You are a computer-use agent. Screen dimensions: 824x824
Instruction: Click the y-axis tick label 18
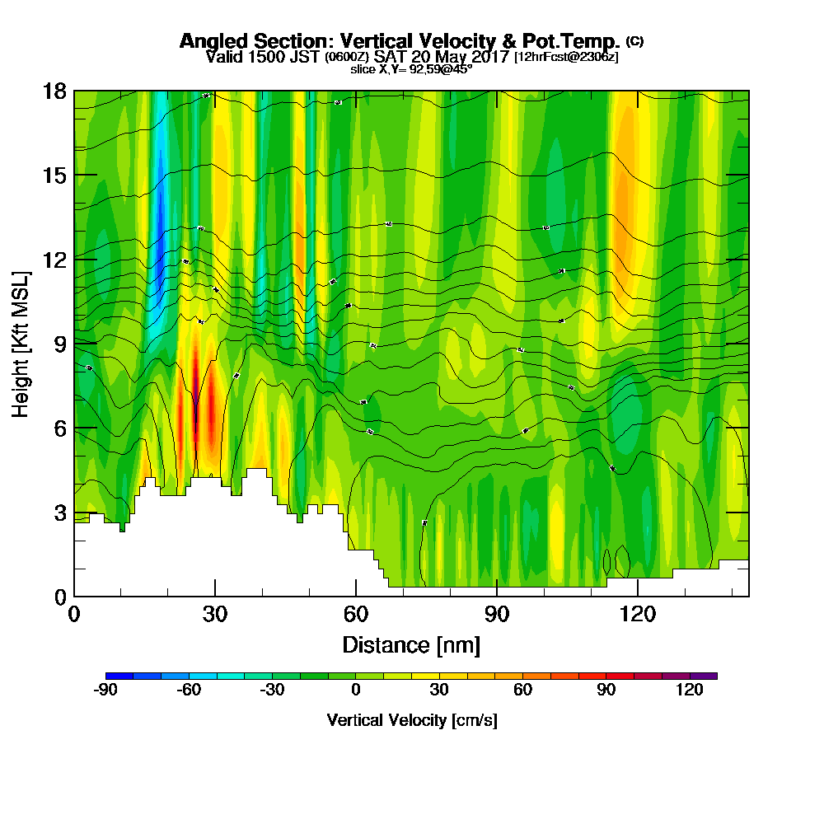pos(54,91)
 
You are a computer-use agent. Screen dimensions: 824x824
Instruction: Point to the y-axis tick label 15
pos(54,176)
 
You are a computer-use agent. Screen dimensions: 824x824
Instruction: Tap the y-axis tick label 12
pos(54,260)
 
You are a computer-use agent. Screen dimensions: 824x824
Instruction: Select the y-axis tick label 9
pos(59,344)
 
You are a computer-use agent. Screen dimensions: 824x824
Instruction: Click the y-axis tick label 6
pos(59,428)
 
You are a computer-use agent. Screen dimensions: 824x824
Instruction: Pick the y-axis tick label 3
pos(59,513)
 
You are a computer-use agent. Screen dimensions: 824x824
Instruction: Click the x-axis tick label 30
pos(215,614)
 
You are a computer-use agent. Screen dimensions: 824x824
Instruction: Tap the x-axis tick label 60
pos(356,614)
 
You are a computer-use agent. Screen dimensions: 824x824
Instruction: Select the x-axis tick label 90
pos(497,614)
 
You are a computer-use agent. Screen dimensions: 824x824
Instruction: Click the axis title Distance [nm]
pos(411,644)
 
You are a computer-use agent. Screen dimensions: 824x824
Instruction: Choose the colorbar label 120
pos(689,691)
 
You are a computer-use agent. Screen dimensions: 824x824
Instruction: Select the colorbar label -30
pos(272,691)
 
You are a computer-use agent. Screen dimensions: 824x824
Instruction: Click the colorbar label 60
pos(522,691)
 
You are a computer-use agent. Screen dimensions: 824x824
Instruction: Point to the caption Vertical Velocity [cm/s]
pos(411,720)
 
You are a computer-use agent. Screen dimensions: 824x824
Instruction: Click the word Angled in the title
pos(210,41)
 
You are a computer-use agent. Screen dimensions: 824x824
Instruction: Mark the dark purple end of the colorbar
pos(709,676)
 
